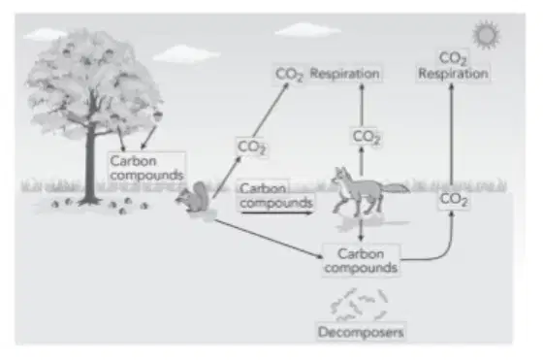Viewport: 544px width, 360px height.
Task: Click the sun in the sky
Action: click(x=486, y=34)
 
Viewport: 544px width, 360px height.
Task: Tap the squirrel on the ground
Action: click(x=194, y=199)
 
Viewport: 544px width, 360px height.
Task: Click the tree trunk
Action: click(x=90, y=163)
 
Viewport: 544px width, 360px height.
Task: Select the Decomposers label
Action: click(x=361, y=332)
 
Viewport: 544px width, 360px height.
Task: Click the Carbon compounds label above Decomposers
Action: click(x=361, y=261)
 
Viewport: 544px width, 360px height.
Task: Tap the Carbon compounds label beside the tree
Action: click(x=146, y=168)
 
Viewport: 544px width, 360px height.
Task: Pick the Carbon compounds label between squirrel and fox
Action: click(x=276, y=195)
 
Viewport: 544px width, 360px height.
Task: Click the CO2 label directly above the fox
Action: click(x=367, y=137)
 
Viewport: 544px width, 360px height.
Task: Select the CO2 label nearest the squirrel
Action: click(x=252, y=147)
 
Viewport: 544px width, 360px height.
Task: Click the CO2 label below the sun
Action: click(x=453, y=58)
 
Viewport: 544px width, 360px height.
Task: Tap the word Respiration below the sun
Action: click(x=453, y=74)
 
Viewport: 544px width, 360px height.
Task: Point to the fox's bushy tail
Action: click(x=396, y=188)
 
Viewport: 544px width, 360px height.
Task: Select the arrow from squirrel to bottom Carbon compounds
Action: click(x=270, y=239)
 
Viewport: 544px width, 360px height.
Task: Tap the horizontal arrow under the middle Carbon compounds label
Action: click(x=276, y=213)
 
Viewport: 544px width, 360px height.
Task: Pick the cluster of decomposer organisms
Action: click(x=359, y=305)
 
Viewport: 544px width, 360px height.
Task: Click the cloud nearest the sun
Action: click(x=307, y=30)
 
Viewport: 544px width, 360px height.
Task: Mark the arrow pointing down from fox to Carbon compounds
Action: click(x=361, y=230)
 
